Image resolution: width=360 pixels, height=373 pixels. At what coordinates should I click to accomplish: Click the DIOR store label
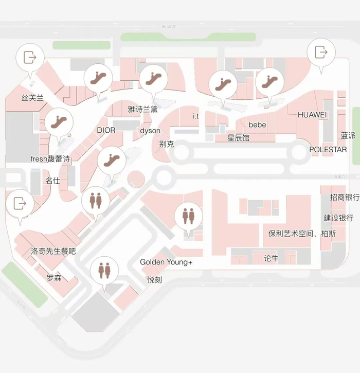click(106, 130)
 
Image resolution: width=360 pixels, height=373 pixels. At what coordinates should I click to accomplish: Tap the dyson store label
click(150, 131)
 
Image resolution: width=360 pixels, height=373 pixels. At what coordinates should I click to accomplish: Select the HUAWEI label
click(312, 115)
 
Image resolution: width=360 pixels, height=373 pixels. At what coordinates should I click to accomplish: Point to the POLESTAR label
click(328, 150)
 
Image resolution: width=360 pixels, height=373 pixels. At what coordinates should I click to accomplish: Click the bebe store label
click(257, 125)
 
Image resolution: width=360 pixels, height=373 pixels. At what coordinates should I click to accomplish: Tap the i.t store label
click(196, 116)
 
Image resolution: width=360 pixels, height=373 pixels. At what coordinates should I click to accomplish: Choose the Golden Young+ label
click(166, 262)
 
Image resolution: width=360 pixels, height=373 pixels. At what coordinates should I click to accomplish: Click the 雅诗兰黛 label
click(142, 109)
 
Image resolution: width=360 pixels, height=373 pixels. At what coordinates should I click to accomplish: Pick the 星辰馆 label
click(238, 138)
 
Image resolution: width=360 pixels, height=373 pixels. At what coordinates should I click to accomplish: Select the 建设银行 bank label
click(338, 218)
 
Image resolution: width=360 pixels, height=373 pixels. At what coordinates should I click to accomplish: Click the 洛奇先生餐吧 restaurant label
click(53, 252)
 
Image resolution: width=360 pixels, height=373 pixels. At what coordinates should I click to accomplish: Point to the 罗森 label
click(54, 278)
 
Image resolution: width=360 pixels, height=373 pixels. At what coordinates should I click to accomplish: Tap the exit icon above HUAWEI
click(321, 52)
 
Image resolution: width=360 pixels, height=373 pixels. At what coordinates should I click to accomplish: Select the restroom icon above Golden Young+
click(188, 216)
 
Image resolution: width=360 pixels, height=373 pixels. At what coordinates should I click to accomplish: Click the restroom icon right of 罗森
click(104, 270)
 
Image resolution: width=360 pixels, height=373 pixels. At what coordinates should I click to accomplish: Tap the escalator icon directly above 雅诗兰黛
click(154, 78)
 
